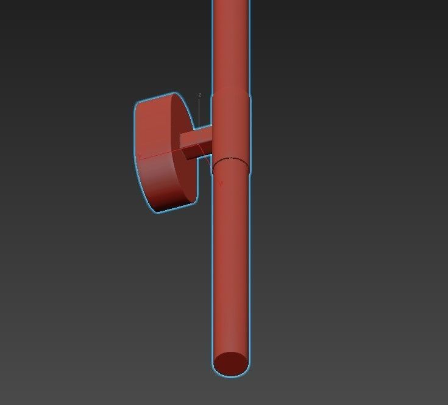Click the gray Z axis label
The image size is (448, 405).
(200, 95)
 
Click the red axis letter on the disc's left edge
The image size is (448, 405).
(140, 157)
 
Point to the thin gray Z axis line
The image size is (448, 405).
(200, 113)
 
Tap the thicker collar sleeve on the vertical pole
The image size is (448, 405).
(231, 128)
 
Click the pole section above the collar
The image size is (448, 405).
(231, 43)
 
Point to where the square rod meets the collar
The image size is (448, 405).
(212, 140)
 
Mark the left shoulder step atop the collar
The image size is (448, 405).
(213, 94)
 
